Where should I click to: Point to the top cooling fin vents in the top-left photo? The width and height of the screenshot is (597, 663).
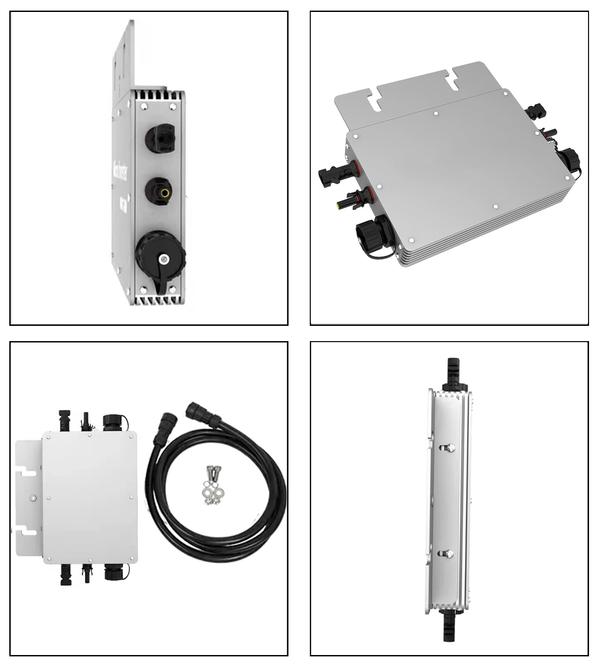coord(157,95)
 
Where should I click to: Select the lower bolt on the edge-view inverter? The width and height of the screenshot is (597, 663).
coord(449,553)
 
